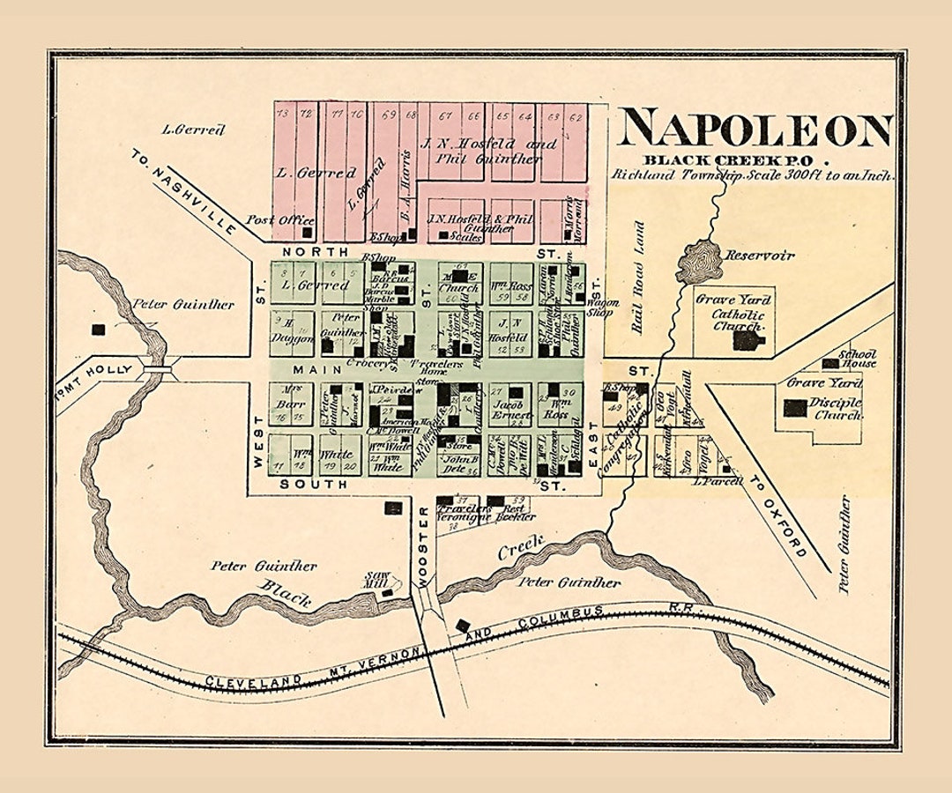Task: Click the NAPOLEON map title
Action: (755, 130)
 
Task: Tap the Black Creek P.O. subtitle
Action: (737, 160)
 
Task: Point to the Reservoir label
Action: (759, 256)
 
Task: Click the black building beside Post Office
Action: (308, 233)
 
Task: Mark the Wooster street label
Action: (422, 546)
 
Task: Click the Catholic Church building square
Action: (747, 340)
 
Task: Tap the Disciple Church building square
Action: (794, 408)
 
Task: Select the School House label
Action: (857, 358)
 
